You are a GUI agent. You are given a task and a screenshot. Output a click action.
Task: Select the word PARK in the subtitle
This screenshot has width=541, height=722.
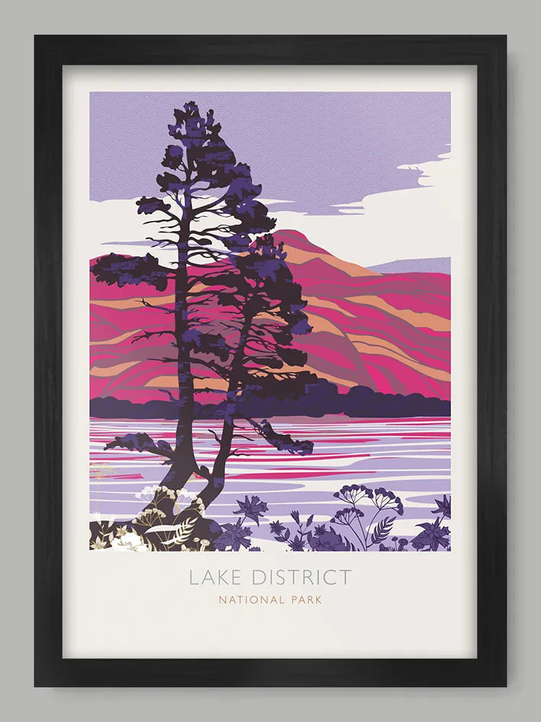(x=305, y=599)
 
